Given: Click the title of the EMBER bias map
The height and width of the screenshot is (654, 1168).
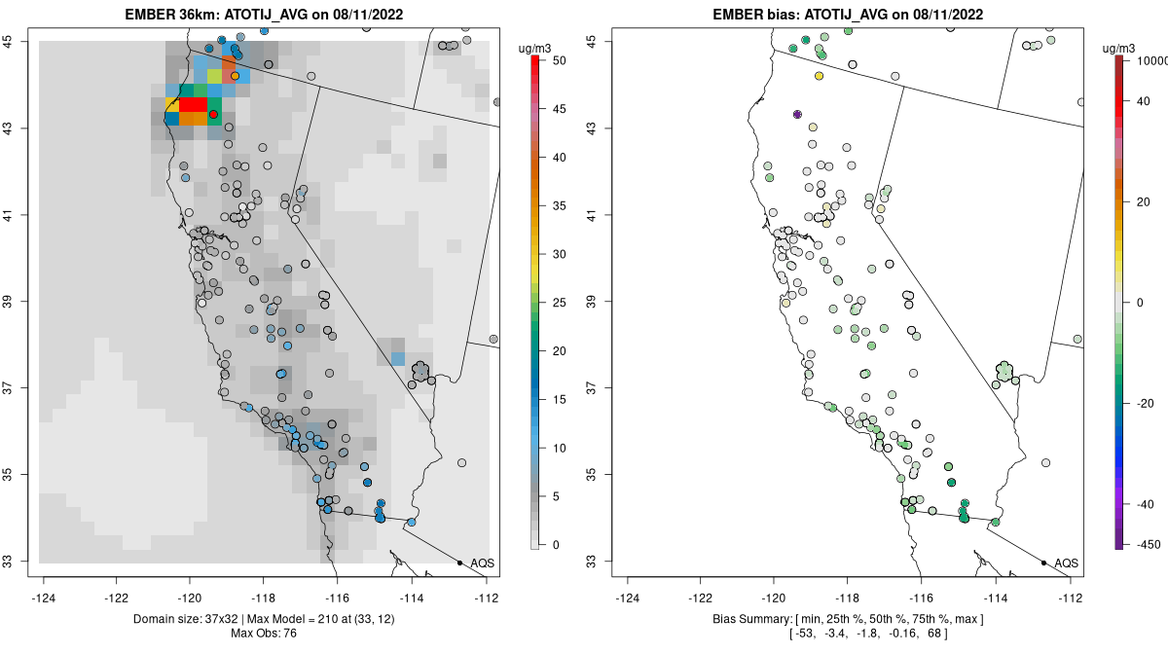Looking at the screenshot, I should click(x=847, y=15).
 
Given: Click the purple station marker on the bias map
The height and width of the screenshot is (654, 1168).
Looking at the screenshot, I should click(x=798, y=115).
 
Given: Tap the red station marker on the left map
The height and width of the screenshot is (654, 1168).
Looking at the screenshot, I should click(x=213, y=115).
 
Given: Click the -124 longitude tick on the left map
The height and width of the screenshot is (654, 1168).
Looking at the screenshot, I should click(x=44, y=598).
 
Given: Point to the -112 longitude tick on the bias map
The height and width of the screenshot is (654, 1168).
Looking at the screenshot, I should click(x=1071, y=598).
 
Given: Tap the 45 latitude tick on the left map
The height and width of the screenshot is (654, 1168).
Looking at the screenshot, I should click(x=18, y=41).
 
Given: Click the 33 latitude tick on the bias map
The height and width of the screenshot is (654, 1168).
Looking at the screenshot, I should click(x=603, y=562).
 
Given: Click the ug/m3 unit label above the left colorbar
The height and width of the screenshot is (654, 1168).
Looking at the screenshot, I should click(x=542, y=46).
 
